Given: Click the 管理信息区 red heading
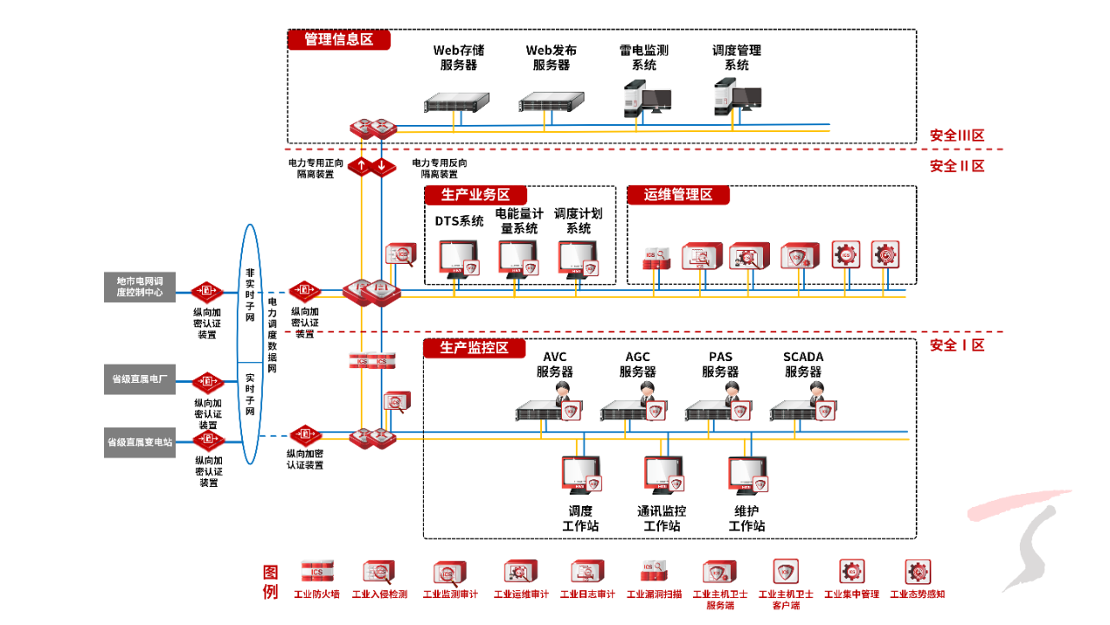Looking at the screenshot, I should [339, 40].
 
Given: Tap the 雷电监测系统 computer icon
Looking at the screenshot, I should [646, 98].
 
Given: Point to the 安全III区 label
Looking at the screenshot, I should [957, 135].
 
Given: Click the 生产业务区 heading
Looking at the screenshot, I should [475, 195].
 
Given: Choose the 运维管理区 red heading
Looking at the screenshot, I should [678, 195].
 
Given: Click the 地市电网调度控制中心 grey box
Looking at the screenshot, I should [140, 287].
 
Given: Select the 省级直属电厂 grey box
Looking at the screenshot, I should [140, 379].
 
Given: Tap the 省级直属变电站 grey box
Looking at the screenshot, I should [140, 442].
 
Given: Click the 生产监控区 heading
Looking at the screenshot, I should [475, 348].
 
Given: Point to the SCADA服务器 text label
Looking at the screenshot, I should [803, 365].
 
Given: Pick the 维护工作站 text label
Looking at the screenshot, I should [747, 518].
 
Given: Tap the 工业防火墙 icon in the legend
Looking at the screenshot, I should [317, 572].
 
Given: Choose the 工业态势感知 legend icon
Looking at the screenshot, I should [917, 572].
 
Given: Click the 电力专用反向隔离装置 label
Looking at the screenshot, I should [440, 168].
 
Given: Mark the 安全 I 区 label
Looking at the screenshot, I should [957, 345].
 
